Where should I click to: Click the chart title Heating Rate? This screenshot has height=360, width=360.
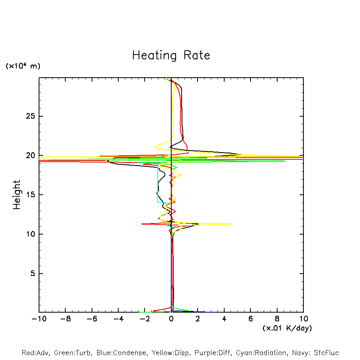pos(171,55)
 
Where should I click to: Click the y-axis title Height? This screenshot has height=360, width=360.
pos(17,195)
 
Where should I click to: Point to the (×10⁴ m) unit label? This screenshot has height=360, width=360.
pos(23,66)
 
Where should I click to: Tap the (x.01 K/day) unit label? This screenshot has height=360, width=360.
pos(287,328)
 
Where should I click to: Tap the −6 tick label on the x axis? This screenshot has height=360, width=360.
pos(92,319)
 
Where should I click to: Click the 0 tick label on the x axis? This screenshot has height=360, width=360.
pos(171,319)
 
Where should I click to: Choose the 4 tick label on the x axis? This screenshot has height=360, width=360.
pos(224,319)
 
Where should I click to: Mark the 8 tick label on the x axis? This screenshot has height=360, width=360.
pos(277,319)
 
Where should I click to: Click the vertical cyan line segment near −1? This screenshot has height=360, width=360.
pos(158,179)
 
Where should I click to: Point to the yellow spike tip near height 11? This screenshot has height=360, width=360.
pos(230,224)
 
